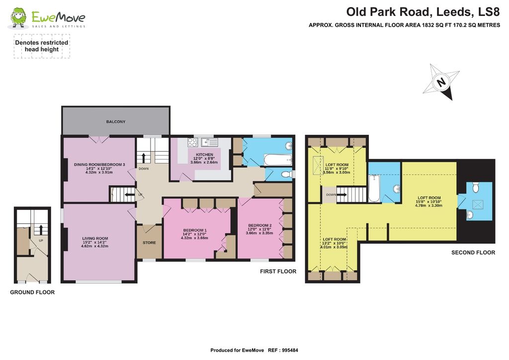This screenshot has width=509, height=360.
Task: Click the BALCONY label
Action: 115,122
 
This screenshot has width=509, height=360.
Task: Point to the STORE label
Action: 149,243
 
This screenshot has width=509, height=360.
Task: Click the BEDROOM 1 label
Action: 195,230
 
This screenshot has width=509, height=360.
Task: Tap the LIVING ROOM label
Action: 95,238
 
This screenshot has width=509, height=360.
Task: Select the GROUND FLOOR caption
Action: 32,292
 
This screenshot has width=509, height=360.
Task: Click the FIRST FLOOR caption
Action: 278,271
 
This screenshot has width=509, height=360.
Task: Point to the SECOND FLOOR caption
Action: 473,253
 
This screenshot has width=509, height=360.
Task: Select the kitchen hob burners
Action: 192,142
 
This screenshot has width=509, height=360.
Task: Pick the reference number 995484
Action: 288,351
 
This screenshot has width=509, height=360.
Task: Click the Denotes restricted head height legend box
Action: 42,46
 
